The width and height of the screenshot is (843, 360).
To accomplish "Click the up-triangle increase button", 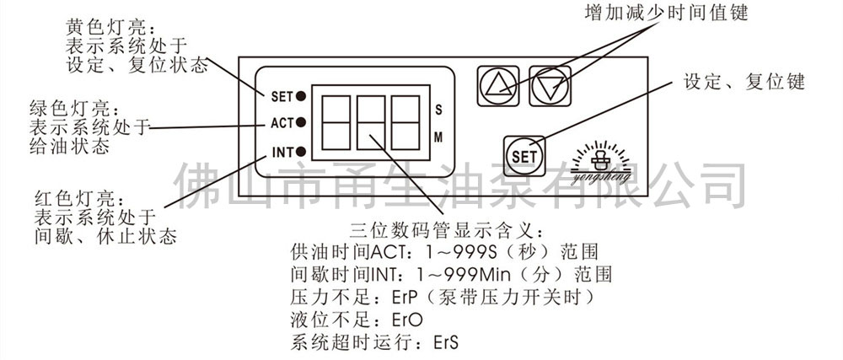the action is tap(498, 85).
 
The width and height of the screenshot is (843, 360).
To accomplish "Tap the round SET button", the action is tap(524, 156).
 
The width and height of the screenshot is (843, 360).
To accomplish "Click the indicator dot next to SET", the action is tap(301, 96).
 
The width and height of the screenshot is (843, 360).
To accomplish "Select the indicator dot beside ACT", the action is tap(301, 123).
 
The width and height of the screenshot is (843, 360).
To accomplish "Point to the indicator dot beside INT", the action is tap(301, 151).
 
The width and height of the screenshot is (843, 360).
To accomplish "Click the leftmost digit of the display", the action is tap(336, 123).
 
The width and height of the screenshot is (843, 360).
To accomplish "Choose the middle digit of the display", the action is tap(370, 123).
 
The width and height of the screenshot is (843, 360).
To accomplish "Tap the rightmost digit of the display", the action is tap(405, 123).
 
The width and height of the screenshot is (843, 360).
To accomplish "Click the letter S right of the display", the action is tap(438, 110).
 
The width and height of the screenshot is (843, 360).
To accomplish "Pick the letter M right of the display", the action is tap(438, 137).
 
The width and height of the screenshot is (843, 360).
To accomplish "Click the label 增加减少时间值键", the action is tap(667, 13).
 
